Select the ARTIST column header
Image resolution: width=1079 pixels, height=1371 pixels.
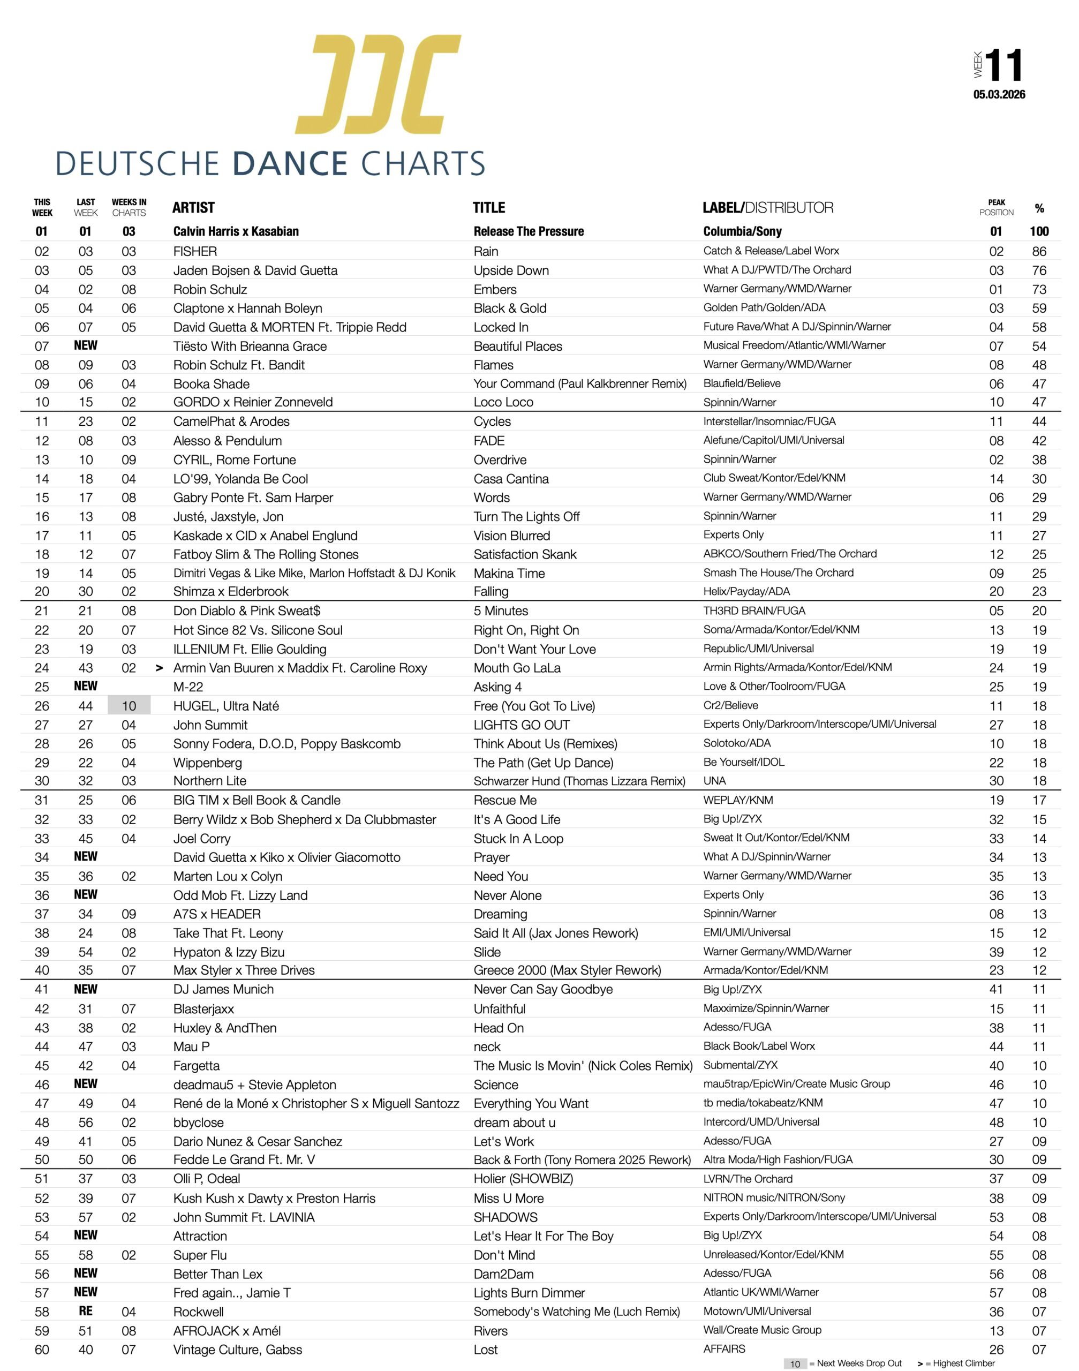click(x=193, y=208)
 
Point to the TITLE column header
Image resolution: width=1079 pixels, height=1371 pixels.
click(x=489, y=208)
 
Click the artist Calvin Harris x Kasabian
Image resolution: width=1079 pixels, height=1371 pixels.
click(x=236, y=231)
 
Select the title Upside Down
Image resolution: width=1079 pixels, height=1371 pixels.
click(x=511, y=270)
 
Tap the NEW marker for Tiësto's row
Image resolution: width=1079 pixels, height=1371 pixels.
click(x=85, y=345)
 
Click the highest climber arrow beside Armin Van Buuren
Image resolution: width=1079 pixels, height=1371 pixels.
click(x=159, y=668)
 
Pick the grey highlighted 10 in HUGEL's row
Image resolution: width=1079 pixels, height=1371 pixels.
click(x=129, y=706)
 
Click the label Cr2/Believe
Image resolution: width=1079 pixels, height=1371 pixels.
click(x=730, y=705)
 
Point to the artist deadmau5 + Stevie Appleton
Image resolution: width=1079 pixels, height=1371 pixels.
click(x=254, y=1085)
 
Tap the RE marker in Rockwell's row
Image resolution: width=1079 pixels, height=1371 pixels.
click(x=85, y=1311)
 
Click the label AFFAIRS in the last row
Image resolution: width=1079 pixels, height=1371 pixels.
click(x=724, y=1349)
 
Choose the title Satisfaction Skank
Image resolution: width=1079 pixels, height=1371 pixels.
click(x=525, y=554)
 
